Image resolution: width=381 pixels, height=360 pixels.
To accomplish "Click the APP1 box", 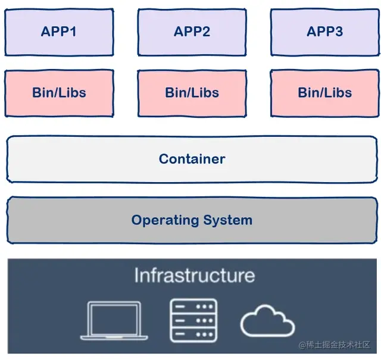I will (x=58, y=32).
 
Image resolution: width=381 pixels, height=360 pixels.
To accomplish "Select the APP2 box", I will (x=192, y=32).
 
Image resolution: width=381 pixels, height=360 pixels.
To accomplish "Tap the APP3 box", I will (x=324, y=32).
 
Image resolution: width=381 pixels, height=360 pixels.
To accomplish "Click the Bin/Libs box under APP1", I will (x=58, y=93).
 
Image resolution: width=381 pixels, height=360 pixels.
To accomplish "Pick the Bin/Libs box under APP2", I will (x=192, y=93).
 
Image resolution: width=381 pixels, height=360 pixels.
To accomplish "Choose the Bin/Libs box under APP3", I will (x=324, y=93).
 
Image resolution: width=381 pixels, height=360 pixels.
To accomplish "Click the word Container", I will (x=192, y=159).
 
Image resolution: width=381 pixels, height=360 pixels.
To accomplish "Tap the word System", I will (x=227, y=220).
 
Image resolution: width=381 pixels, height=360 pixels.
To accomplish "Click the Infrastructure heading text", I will (x=194, y=276).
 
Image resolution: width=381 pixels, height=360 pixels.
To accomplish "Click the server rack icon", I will (x=193, y=320).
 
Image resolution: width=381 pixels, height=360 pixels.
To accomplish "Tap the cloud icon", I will (x=267, y=322).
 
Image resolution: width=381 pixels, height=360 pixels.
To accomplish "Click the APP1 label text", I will (x=58, y=32).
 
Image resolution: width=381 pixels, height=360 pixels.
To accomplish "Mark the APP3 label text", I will (x=324, y=32).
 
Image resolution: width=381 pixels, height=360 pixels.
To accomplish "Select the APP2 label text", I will (x=192, y=32).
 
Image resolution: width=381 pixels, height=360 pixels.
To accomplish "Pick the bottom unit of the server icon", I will (x=193, y=334).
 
